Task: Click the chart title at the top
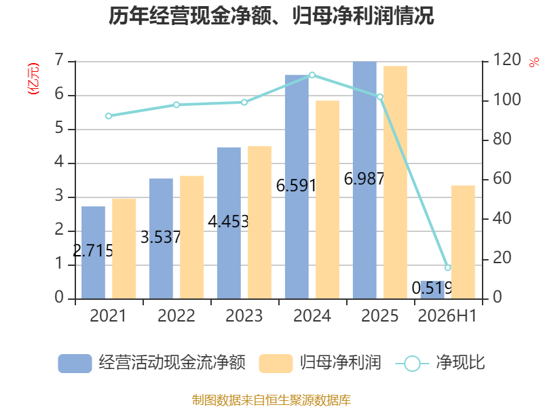pyautogui.click(x=271, y=16)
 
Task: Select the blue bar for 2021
pyautogui.click(x=93, y=252)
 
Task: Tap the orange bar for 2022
pyautogui.click(x=192, y=237)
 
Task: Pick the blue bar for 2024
pyautogui.click(x=297, y=187)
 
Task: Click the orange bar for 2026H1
pyautogui.click(x=463, y=242)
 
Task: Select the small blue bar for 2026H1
pyautogui.click(x=432, y=290)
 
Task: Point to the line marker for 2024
pyautogui.click(x=312, y=75)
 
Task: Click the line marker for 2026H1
pyautogui.click(x=448, y=267)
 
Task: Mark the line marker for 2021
pyautogui.click(x=109, y=116)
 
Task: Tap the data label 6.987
pyautogui.click(x=364, y=179)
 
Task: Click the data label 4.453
pyautogui.click(x=228, y=222)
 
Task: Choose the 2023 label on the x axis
pyautogui.click(x=244, y=315)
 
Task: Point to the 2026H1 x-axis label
pyautogui.click(x=447, y=315)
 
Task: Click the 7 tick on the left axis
pyautogui.click(x=59, y=60)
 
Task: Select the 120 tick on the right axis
pyautogui.click(x=506, y=60)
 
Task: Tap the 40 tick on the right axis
pyautogui.click(x=502, y=218)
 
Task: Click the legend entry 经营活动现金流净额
pyautogui.click(x=152, y=363)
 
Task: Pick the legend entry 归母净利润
pyautogui.click(x=320, y=363)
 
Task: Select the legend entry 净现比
pyautogui.click(x=440, y=363)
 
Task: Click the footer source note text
pyautogui.click(x=271, y=400)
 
